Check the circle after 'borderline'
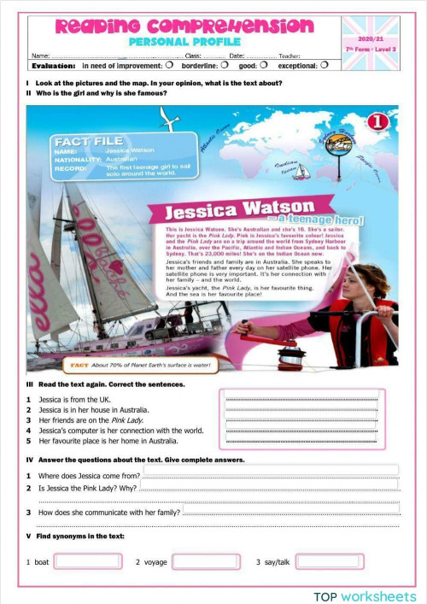click(x=224, y=65)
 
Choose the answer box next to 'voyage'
click(x=205, y=561)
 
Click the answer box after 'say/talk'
click(x=328, y=561)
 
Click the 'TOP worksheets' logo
click(x=365, y=595)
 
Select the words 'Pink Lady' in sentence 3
click(x=128, y=420)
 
